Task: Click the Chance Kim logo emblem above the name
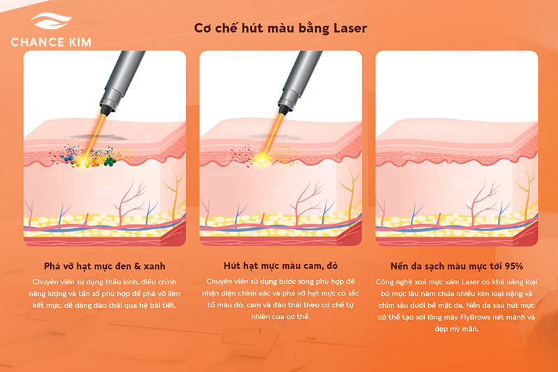pyautogui.click(x=50, y=23)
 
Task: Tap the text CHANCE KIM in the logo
pyautogui.click(x=50, y=42)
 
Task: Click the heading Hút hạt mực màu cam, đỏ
pyautogui.click(x=280, y=266)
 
